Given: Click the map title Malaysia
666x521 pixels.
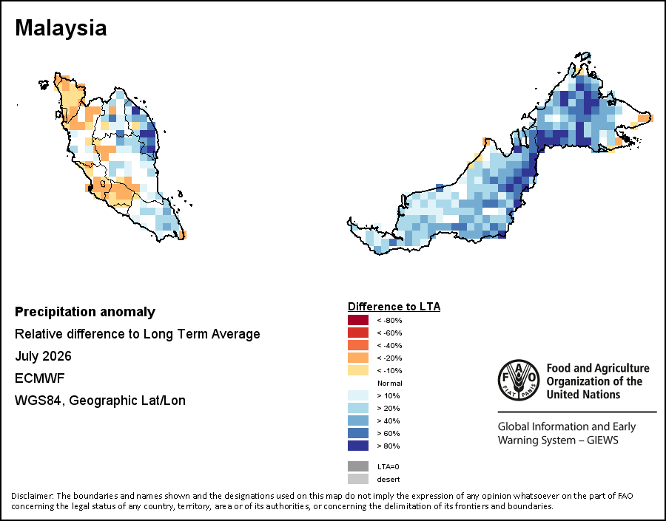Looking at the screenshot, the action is (x=61, y=28).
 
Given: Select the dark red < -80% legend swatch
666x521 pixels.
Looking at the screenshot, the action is (x=358, y=320).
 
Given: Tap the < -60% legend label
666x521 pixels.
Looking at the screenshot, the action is (x=389, y=333).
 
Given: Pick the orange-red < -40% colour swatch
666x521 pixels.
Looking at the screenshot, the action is (x=358, y=345).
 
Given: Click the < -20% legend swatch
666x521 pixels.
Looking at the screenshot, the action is (x=358, y=358).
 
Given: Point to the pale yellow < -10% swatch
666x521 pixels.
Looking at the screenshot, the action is (x=358, y=370).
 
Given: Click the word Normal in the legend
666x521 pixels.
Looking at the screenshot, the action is (x=389, y=383).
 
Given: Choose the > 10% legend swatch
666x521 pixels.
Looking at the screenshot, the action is (x=358, y=395).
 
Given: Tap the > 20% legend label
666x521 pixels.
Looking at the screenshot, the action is (x=388, y=408).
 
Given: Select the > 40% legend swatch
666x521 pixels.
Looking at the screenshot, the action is (x=358, y=420).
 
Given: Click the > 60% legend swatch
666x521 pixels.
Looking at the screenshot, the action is (x=358, y=433).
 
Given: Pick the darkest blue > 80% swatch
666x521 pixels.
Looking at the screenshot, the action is (x=358, y=446).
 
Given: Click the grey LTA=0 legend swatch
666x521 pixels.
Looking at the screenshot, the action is (x=358, y=466).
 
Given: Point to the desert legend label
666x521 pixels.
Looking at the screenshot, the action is (x=388, y=480).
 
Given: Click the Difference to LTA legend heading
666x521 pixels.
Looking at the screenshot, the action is (x=394, y=307).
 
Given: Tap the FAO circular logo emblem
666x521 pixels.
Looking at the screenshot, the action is (x=519, y=380).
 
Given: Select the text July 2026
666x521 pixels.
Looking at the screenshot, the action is (x=43, y=356).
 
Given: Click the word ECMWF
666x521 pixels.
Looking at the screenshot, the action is (x=39, y=378).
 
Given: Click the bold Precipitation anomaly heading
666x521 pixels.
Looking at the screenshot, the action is (x=85, y=313).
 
